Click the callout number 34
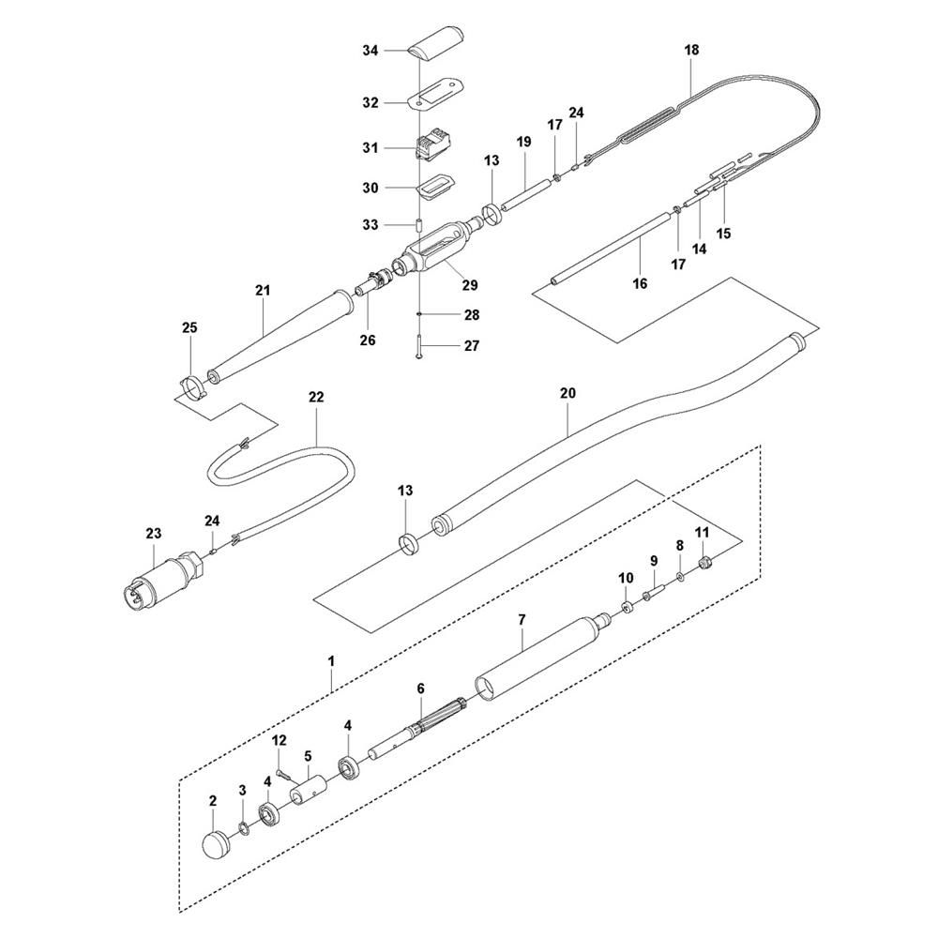point(371,51)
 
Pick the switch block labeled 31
point(434,145)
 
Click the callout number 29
point(470,285)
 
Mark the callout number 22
point(316,397)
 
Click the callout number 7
point(522,620)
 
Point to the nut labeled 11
point(705,562)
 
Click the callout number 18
point(691,50)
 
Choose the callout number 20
point(567,393)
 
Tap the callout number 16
point(640,283)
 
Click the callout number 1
point(331,661)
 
